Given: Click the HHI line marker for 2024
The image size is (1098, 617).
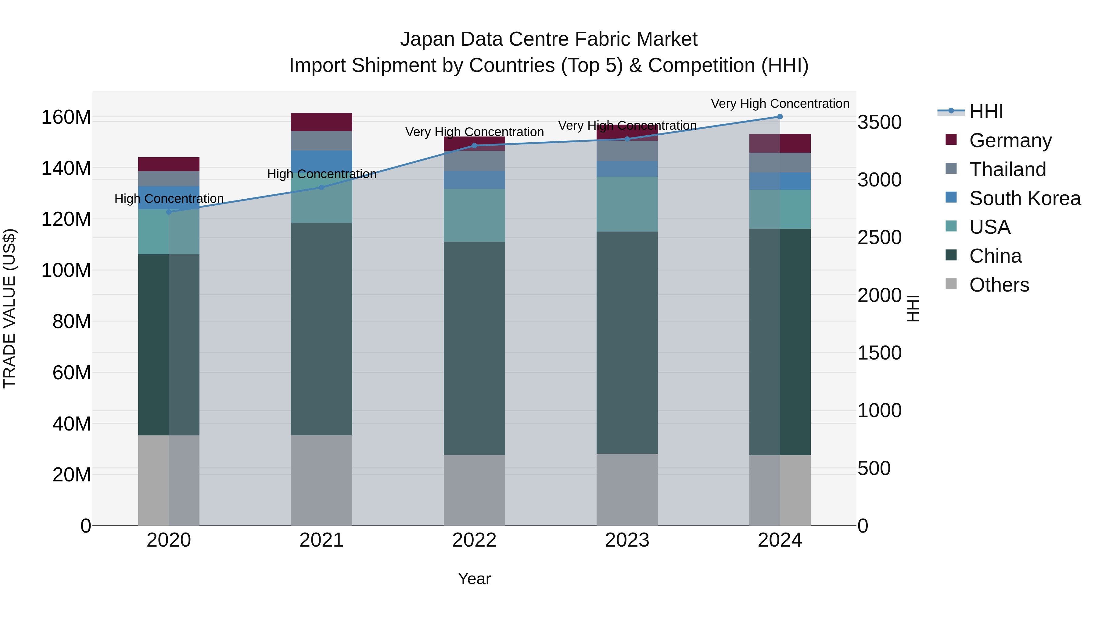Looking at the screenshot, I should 780,117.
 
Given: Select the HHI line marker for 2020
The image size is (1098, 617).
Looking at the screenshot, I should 169,212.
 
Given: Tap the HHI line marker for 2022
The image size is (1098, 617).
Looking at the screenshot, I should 474,146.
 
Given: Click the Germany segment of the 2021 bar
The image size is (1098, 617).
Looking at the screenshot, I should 321,122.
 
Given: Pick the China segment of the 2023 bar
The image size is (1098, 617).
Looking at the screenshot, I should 627,342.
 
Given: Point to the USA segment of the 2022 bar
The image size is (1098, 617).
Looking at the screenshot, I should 474,215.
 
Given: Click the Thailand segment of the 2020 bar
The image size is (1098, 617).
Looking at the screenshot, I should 169,179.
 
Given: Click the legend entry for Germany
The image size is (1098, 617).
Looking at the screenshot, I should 1010,140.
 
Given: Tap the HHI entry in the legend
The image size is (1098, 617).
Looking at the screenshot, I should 986,112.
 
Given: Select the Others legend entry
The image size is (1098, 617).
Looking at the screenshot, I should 999,285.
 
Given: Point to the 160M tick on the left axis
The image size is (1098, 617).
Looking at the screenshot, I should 66,117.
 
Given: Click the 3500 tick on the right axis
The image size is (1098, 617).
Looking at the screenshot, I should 879,122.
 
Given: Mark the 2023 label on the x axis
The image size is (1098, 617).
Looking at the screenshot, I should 627,540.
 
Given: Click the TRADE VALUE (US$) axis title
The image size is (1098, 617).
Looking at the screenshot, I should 9,308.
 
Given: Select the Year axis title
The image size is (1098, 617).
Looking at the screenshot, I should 474,579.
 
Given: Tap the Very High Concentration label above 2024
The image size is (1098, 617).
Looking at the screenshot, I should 780,104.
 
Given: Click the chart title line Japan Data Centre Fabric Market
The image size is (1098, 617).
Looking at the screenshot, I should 549,39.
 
